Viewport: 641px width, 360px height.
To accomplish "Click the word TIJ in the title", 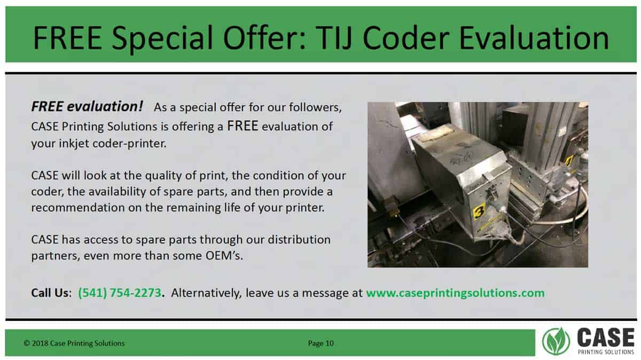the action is pyautogui.click(x=334, y=38).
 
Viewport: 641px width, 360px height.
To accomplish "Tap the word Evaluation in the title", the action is pyautogui.click(x=534, y=38).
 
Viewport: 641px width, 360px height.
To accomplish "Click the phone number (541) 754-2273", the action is pyautogui.click(x=120, y=293).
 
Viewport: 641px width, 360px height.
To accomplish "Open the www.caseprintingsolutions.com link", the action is pyautogui.click(x=455, y=293).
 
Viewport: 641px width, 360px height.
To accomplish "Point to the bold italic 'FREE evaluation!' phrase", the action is pyautogui.click(x=87, y=106).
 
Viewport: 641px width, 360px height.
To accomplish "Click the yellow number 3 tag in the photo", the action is pyautogui.click(x=479, y=212).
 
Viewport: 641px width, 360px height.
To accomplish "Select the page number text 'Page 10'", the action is pyautogui.click(x=321, y=343).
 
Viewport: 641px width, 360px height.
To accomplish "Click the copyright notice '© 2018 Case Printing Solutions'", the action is pyautogui.click(x=74, y=343).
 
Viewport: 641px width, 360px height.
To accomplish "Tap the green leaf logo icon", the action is pyautogui.click(x=556, y=341).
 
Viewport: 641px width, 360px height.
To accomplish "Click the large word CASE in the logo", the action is pyautogui.click(x=606, y=338).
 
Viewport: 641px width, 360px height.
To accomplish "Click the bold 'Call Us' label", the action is pyautogui.click(x=50, y=293).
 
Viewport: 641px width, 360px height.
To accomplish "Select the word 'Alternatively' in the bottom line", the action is pyautogui.click(x=207, y=293).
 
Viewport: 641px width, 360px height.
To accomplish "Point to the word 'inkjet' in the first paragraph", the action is pyautogui.click(x=74, y=143).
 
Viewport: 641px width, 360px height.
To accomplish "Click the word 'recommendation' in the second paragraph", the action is pyautogui.click(x=78, y=207).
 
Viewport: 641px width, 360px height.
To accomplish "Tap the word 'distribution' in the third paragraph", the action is pyautogui.click(x=299, y=239).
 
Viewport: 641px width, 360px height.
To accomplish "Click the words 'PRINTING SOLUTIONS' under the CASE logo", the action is pyautogui.click(x=606, y=351).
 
